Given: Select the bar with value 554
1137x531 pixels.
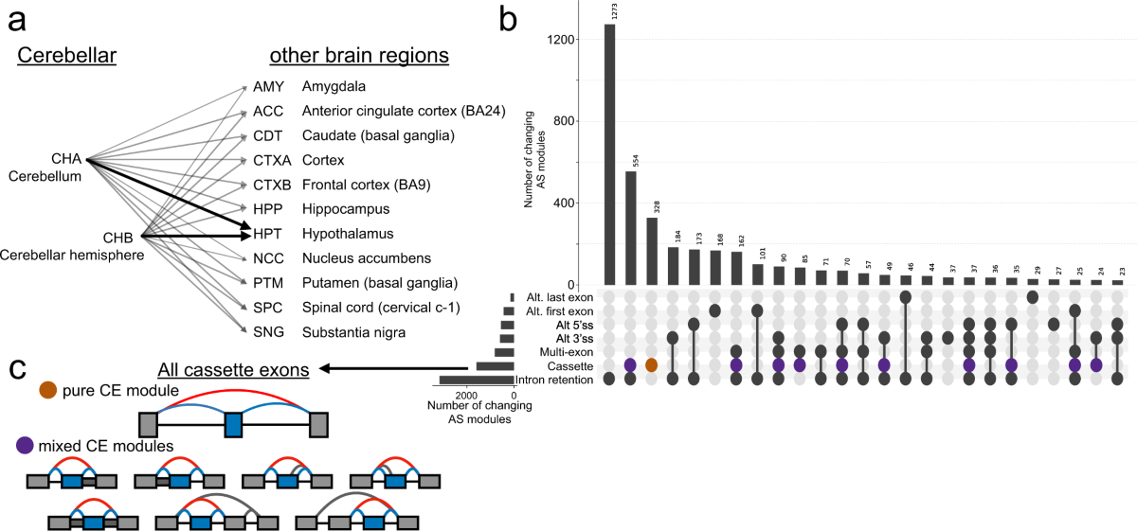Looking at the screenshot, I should tap(630, 227).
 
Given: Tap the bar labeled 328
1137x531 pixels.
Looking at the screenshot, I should tap(651, 251).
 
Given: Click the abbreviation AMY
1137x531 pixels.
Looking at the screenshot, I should tap(268, 86).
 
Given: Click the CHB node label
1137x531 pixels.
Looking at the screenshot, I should tap(120, 239).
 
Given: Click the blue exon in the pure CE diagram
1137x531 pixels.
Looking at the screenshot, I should tap(234, 422).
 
